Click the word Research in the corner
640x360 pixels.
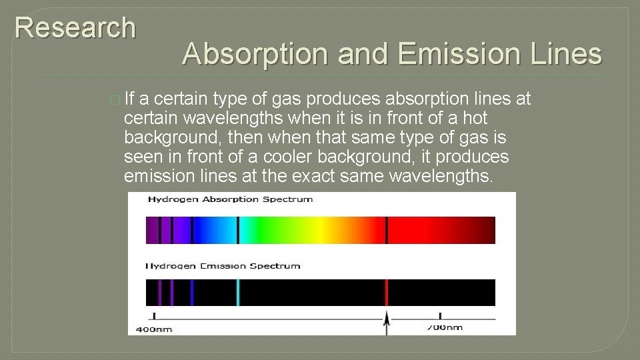tap(75, 28)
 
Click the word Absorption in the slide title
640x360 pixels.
tap(256, 54)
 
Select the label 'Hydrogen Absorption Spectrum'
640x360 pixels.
tap(230, 199)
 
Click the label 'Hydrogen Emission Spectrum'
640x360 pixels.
tap(223, 266)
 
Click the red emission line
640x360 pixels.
tap(386, 293)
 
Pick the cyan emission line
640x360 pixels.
tap(238, 293)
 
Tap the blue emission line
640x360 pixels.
tap(192, 293)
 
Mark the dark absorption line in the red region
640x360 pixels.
tap(386, 230)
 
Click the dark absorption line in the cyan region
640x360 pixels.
tap(238, 230)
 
